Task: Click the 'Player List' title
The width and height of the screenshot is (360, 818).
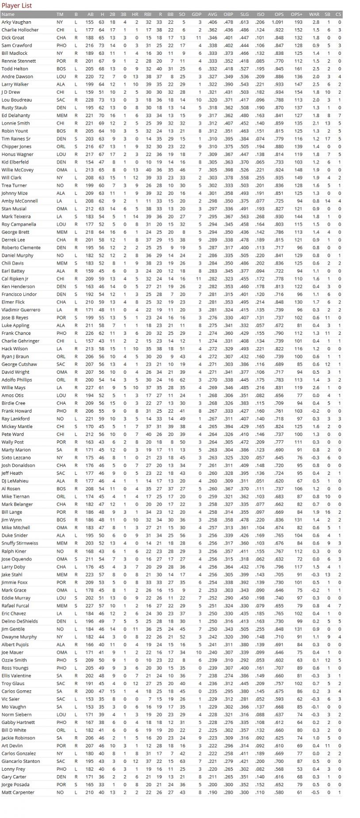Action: (16, 6)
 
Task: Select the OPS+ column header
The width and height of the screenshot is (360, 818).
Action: (296, 15)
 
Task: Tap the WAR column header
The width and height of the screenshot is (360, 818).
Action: (314, 15)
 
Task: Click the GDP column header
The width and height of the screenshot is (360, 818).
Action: (196, 15)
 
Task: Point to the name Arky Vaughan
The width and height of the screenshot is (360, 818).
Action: (16, 22)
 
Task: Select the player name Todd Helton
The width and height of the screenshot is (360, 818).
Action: (15, 69)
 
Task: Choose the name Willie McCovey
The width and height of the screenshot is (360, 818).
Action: (17, 170)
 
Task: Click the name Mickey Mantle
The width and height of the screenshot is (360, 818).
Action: (17, 427)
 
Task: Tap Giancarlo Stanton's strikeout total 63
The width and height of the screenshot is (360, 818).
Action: (182, 761)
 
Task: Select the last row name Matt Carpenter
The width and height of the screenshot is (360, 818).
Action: (18, 792)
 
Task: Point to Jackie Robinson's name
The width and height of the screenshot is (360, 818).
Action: (18, 738)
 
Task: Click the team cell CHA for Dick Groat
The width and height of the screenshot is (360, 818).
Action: (61, 38)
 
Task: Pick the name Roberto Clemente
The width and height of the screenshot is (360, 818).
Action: (20, 248)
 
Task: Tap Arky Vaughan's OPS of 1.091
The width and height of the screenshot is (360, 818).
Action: (278, 22)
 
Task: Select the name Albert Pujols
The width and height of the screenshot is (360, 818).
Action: (15, 645)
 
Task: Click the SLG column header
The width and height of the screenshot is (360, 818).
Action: (244, 15)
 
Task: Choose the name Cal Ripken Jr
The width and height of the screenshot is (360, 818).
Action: (15, 279)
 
